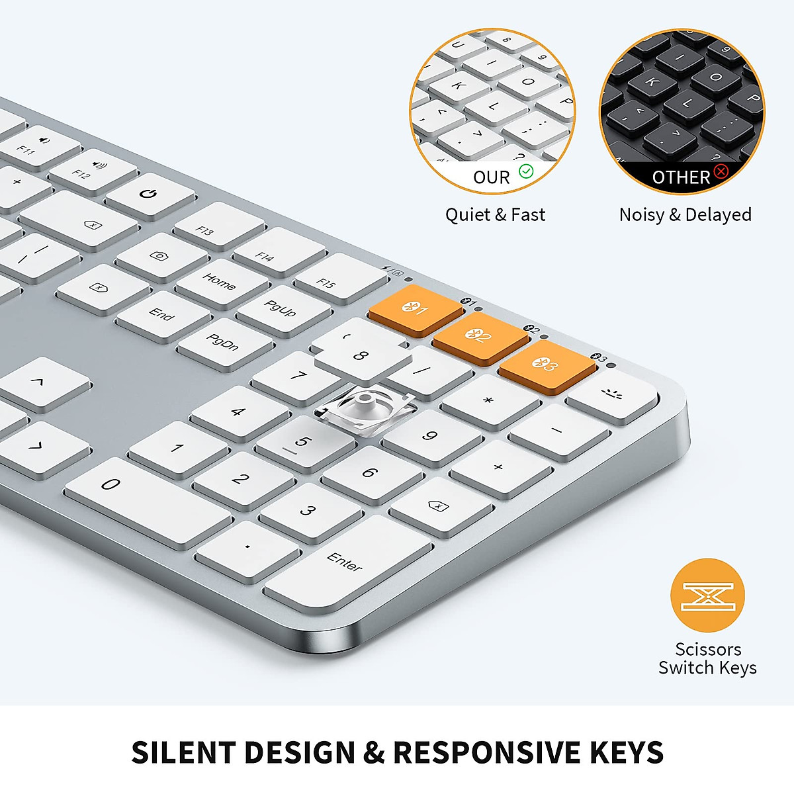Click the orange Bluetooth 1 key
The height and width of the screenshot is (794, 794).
point(416,309)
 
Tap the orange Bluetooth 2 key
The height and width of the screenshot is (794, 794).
point(480,337)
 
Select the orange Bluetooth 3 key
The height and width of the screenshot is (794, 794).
point(547,365)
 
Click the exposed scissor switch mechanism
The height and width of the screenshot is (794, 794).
point(364,410)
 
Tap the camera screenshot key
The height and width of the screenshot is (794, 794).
point(162,257)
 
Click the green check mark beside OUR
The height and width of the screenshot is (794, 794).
point(526,171)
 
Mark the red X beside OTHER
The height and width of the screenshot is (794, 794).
point(721,171)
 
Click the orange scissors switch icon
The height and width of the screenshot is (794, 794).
point(707,595)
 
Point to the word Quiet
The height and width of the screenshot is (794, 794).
point(468,216)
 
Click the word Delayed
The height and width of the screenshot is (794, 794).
point(718,216)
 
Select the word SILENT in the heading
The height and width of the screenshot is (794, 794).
point(183,752)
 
